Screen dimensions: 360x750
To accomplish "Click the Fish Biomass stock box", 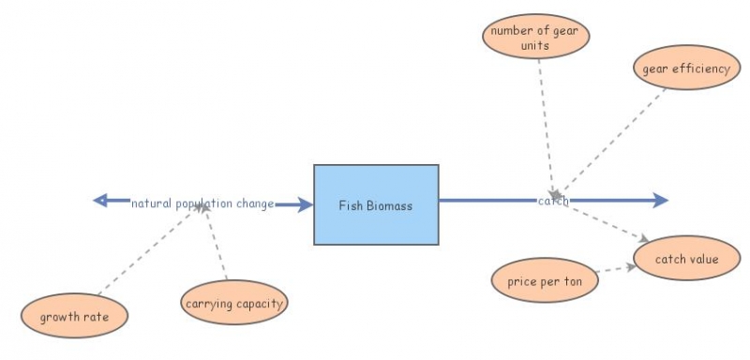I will [x=375, y=205].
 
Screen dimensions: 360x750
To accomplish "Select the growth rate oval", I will [x=74, y=317].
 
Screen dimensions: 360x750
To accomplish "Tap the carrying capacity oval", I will [x=233, y=304].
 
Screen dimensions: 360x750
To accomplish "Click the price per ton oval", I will [x=545, y=281].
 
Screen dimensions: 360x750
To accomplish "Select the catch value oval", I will [x=687, y=259].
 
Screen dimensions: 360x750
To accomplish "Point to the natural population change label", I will [x=202, y=203].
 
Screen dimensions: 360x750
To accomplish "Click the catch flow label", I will [x=553, y=201].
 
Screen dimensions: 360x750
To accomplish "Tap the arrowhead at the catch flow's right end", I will [x=660, y=200].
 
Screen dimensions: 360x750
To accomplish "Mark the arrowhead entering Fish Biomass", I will [x=305, y=204].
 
